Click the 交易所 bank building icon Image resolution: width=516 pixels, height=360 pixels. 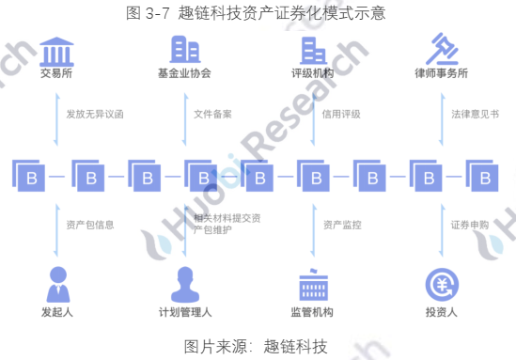click(56, 49)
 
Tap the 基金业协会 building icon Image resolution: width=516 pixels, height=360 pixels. click(184, 48)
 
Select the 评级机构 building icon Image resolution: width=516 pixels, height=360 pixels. click(313, 48)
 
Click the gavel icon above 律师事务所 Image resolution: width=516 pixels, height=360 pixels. click(441, 47)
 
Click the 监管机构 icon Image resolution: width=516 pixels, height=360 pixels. click(313, 282)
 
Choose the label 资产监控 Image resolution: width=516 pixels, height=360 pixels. click(341, 225)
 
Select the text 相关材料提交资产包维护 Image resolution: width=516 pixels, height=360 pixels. click(224, 225)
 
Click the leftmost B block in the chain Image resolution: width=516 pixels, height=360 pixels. click(30, 177)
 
